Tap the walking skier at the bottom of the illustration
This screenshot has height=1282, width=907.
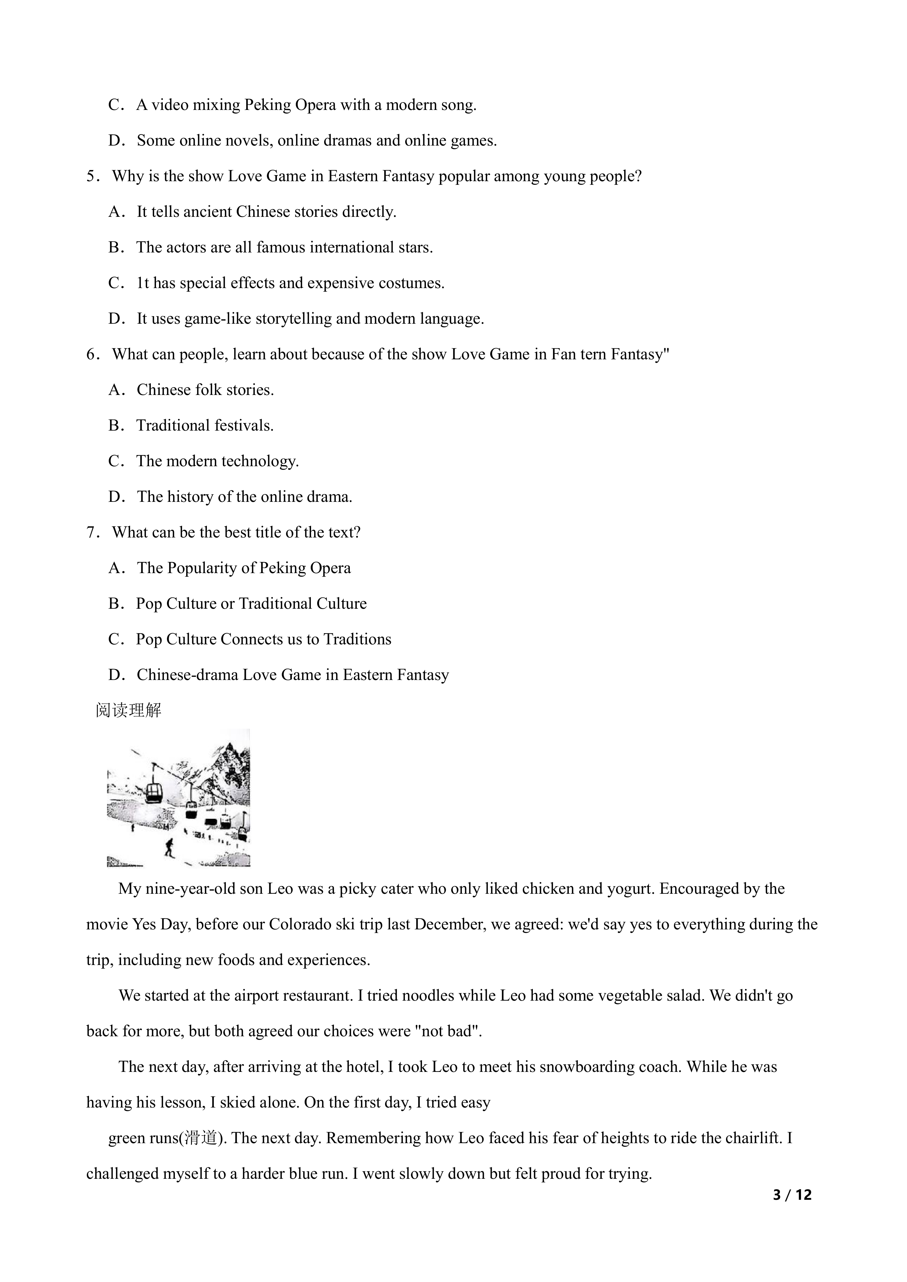click(169, 847)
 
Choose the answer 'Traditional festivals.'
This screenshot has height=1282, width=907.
click(205, 425)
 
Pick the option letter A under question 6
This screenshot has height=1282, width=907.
click(115, 390)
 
